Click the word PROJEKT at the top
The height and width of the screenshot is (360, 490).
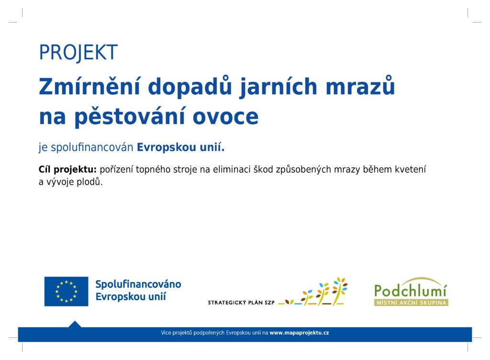click(78, 53)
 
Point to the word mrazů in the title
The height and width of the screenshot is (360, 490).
click(360, 85)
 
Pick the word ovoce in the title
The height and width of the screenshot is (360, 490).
click(226, 117)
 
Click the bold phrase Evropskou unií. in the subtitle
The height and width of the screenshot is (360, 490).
click(180, 147)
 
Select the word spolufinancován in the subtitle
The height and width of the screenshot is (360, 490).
click(92, 147)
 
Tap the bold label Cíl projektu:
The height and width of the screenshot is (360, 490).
click(67, 169)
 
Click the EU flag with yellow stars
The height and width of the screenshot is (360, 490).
click(66, 291)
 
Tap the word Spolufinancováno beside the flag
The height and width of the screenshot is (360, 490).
click(138, 284)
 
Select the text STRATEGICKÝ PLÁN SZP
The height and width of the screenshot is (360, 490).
click(241, 303)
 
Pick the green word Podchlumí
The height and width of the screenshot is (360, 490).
click(411, 290)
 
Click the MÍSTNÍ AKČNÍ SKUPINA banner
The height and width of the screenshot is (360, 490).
click(411, 303)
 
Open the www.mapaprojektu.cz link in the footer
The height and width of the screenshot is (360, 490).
click(299, 333)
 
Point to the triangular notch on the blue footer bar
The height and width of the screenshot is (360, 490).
click(75, 325)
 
